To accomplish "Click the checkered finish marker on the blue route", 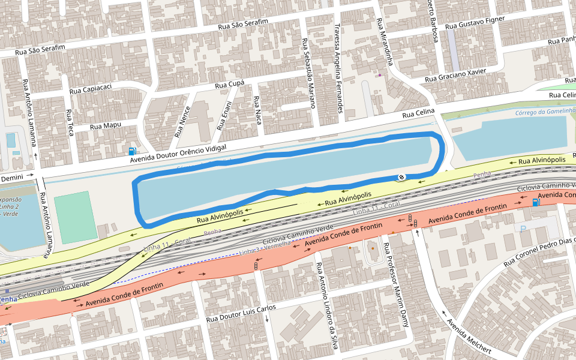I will pos(401,176).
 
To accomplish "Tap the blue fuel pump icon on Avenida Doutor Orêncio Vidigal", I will pos(132,151).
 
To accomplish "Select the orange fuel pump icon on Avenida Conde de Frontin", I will pos(535,202).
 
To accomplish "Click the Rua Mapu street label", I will pos(106,126).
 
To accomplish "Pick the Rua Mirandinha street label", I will pos(384,42).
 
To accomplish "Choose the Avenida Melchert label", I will pos(469,335).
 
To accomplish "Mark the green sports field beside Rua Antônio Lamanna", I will pos(75,217).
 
